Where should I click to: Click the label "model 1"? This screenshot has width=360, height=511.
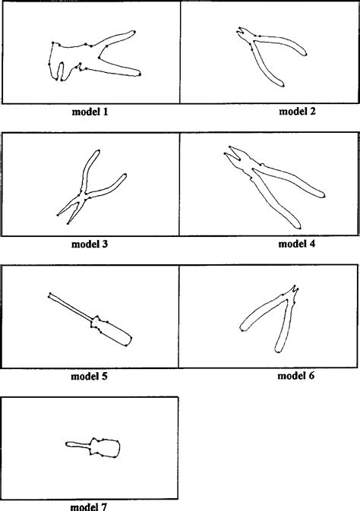(x=90, y=112)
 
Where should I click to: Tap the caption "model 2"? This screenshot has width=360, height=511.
(x=297, y=112)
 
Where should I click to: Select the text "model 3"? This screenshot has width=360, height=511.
(x=90, y=244)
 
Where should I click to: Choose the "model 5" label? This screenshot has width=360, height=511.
(x=90, y=376)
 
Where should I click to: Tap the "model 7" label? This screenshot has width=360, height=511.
(x=90, y=506)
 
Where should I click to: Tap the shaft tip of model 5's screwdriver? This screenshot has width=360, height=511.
(x=50, y=294)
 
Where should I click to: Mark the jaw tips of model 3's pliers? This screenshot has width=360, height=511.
(x=62, y=219)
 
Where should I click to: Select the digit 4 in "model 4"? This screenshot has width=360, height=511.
(x=311, y=244)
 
